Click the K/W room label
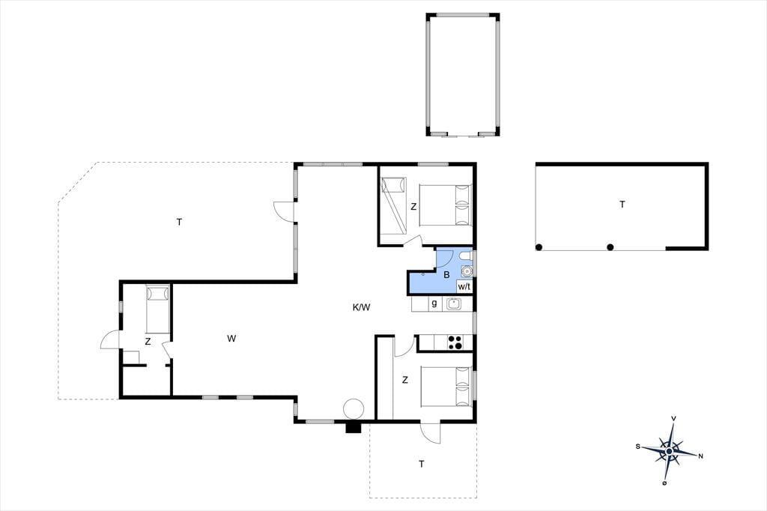(x=362, y=307)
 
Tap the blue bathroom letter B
(x=446, y=275)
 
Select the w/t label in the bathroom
(x=464, y=286)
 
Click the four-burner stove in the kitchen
(x=455, y=342)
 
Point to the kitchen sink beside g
(x=454, y=304)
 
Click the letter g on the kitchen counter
(x=434, y=303)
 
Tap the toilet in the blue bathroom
(x=466, y=256)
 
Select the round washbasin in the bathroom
(x=467, y=270)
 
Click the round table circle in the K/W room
(x=354, y=408)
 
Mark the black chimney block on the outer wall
(x=354, y=428)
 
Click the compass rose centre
(x=669, y=451)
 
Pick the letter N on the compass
(x=700, y=456)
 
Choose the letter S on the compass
(x=638, y=446)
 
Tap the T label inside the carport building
(x=622, y=204)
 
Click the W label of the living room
(x=231, y=338)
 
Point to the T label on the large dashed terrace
(x=180, y=223)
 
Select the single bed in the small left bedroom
(x=157, y=310)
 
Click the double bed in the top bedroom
(x=445, y=205)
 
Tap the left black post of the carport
(x=539, y=247)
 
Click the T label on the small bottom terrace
(x=422, y=464)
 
